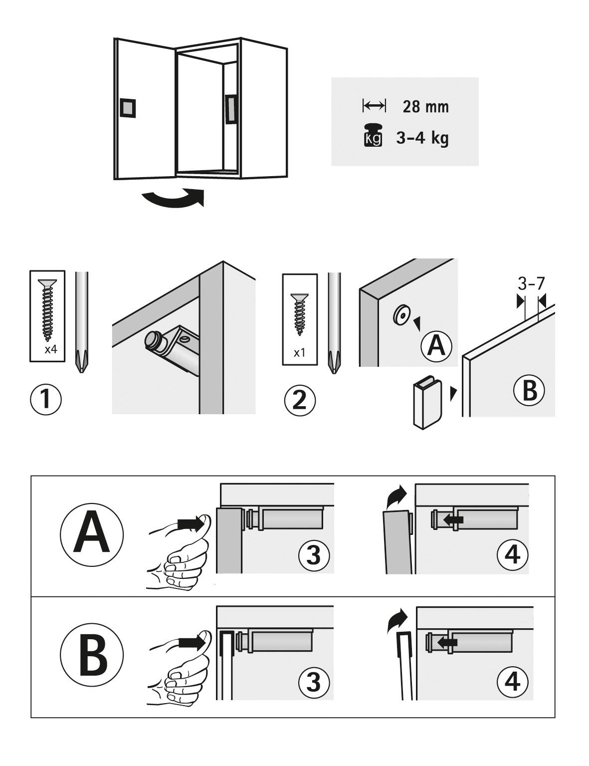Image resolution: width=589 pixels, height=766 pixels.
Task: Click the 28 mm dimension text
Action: pyautogui.click(x=426, y=107)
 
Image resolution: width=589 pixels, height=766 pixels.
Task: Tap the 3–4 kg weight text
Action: pyautogui.click(x=422, y=138)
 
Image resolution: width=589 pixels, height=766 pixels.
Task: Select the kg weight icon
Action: pyautogui.click(x=373, y=135)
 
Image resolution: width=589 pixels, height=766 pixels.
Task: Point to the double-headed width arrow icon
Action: pyautogui.click(x=374, y=105)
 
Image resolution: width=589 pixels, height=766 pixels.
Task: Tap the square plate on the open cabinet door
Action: pyautogui.click(x=128, y=107)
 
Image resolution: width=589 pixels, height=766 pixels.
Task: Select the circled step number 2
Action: pyautogui.click(x=300, y=401)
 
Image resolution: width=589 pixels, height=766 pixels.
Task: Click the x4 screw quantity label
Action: pyautogui.click(x=51, y=350)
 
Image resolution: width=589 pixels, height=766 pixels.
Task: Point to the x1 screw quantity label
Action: pyautogui.click(x=299, y=353)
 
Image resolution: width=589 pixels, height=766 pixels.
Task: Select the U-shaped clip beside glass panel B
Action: pyautogui.click(x=425, y=405)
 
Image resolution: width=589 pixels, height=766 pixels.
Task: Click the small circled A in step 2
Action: pyautogui.click(x=436, y=346)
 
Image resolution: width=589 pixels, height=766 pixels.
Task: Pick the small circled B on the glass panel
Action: pyautogui.click(x=529, y=391)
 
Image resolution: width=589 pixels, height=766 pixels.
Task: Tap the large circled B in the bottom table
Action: pyautogui.click(x=92, y=655)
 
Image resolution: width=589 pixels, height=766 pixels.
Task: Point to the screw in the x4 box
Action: pyautogui.click(x=47, y=309)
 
